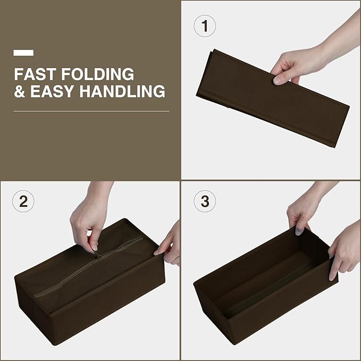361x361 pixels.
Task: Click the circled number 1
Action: [x=205, y=26]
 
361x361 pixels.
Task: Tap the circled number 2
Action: [x=23, y=201]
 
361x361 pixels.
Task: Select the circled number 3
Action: [x=205, y=201]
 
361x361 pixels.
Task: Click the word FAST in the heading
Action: [x=35, y=74]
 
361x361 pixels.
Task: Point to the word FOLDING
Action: [x=98, y=74]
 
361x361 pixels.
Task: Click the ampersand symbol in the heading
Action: [x=20, y=91]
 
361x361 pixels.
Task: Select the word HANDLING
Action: [x=122, y=91]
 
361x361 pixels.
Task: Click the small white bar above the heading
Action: [x=23, y=53]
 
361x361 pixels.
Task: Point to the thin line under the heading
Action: [x=91, y=112]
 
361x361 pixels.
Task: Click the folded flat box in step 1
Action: [x=273, y=98]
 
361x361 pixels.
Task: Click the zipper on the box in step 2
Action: [x=89, y=265]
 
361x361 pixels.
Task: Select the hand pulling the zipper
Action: [x=90, y=216]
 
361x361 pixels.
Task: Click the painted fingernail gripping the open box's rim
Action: [x=299, y=231]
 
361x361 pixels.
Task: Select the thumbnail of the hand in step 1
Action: [x=278, y=80]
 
